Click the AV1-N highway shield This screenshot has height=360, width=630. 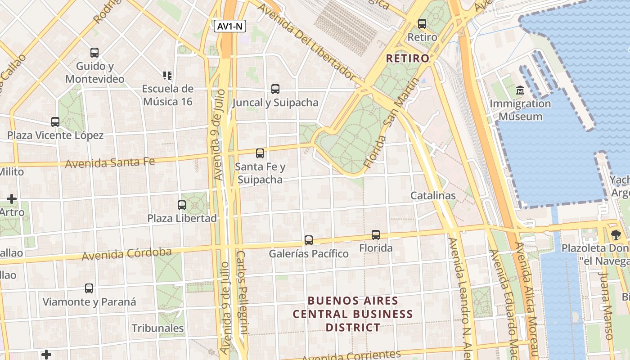pyautogui.click(x=229, y=26)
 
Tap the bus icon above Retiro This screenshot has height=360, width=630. pyautogui.click(x=422, y=24)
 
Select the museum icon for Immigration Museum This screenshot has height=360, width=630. pyautogui.click(x=520, y=90)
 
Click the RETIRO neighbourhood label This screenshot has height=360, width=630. pyautogui.click(x=408, y=58)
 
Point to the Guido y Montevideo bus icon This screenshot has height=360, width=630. pyautogui.click(x=94, y=53)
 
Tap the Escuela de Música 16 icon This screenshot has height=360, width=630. pyautogui.click(x=167, y=75)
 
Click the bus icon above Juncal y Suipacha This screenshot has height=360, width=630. pyautogui.click(x=275, y=89)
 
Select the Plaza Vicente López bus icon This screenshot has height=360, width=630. pyautogui.click(x=55, y=122)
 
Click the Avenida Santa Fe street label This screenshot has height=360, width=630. pyautogui.click(x=110, y=162)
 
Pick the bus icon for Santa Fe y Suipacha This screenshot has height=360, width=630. pyautogui.click(x=260, y=153)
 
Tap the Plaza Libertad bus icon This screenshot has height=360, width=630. pyautogui.click(x=181, y=205)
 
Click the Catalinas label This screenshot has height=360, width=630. pyautogui.click(x=433, y=196)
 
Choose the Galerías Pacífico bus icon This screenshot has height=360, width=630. pyautogui.click(x=308, y=240)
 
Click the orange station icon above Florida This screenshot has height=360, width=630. pyautogui.click(x=375, y=234)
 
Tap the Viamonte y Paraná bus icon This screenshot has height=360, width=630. pyautogui.click(x=89, y=288)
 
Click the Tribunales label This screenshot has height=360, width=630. pyautogui.click(x=157, y=328)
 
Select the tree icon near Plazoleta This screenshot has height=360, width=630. pyautogui.click(x=615, y=234)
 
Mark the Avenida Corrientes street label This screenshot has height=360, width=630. pyautogui.click(x=351, y=356)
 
